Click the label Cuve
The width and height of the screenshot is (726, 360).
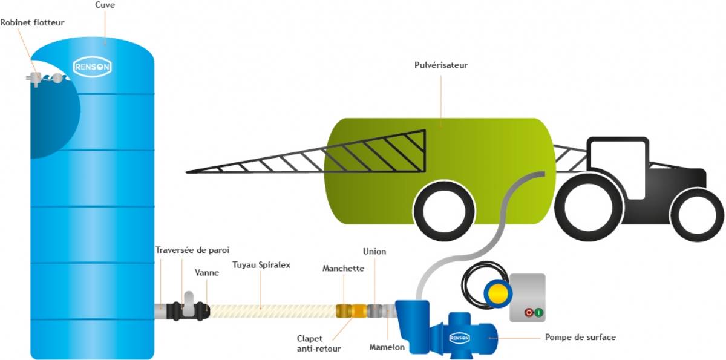coord(105,5)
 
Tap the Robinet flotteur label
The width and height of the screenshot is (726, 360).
coord(32,23)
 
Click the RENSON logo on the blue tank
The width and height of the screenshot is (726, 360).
coord(92,67)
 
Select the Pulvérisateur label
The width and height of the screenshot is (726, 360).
coord(441,65)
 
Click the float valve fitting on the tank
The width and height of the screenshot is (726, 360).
coord(36,78)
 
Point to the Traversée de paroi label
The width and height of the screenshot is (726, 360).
coord(192,250)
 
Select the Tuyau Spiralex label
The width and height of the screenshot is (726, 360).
coord(261,264)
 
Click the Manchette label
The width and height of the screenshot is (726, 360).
coord(343,268)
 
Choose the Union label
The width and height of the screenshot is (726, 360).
coord(374,251)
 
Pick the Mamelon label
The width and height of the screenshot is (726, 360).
coord(387,347)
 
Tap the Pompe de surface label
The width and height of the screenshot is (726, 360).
coord(580,337)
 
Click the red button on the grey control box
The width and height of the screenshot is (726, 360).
coord(529,313)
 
